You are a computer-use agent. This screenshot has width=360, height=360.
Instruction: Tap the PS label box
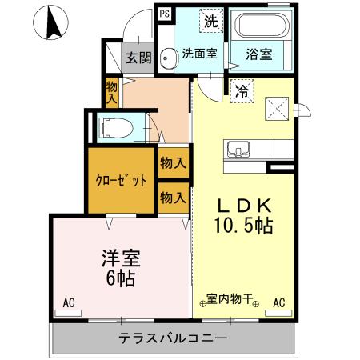point(164,14)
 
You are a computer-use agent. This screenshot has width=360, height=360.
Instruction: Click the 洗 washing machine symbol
point(210,19)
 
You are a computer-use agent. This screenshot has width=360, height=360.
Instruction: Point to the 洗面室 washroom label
point(199,54)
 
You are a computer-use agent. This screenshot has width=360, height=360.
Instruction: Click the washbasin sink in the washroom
point(168,57)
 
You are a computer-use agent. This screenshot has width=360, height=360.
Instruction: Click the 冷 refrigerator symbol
point(239,91)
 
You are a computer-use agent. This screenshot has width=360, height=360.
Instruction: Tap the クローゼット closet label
point(122,180)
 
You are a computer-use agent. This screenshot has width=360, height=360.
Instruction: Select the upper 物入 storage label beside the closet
point(173,162)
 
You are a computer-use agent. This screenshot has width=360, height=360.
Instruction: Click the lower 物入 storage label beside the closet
point(173,195)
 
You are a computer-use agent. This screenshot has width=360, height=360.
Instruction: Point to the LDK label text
point(243,205)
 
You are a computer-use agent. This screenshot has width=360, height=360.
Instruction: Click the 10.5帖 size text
point(243,226)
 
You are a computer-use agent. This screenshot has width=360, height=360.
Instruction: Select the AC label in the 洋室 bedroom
point(69,303)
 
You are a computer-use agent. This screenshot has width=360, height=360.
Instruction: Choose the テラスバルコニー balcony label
point(174,338)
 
